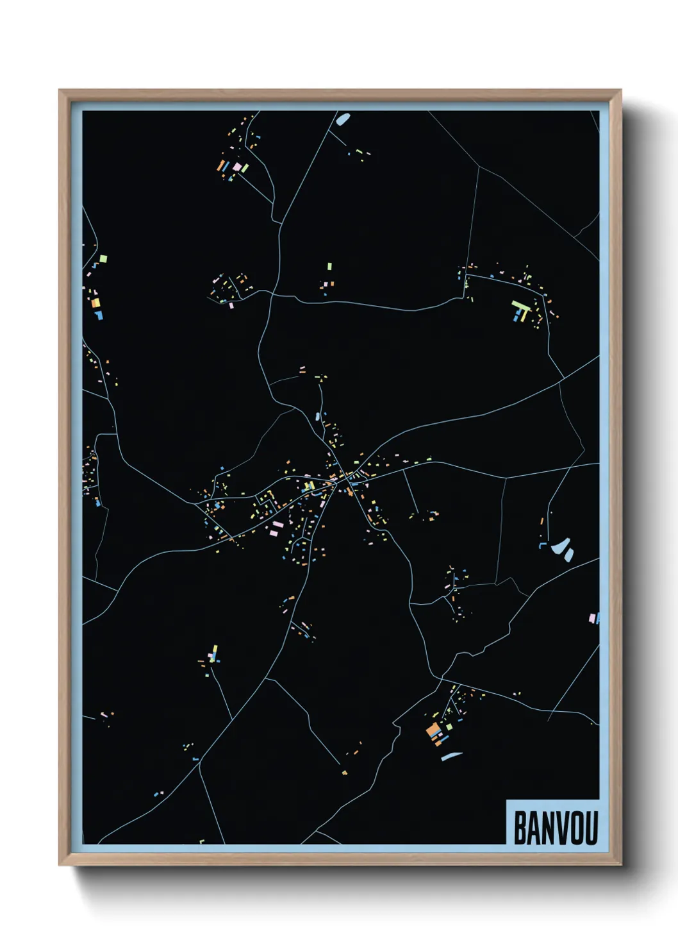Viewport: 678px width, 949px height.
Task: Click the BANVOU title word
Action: (x=555, y=828)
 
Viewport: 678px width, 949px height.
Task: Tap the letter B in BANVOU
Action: (x=520, y=828)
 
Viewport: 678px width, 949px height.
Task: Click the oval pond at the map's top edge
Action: (x=343, y=119)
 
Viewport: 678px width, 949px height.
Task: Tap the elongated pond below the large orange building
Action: (x=451, y=756)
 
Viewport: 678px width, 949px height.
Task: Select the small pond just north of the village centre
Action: (x=317, y=416)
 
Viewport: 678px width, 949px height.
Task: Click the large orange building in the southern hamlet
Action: (x=433, y=730)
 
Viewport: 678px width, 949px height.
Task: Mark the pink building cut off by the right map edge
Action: (x=593, y=618)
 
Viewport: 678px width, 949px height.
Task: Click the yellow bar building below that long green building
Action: (x=523, y=315)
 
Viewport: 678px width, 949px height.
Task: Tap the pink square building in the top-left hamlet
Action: (x=237, y=167)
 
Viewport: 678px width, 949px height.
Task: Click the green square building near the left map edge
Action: (x=103, y=259)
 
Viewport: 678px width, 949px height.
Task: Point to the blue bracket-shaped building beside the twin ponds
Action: (x=543, y=545)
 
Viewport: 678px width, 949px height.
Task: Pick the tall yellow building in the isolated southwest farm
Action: (x=214, y=652)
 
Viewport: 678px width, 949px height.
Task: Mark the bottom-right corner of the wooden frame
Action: (x=620, y=865)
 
